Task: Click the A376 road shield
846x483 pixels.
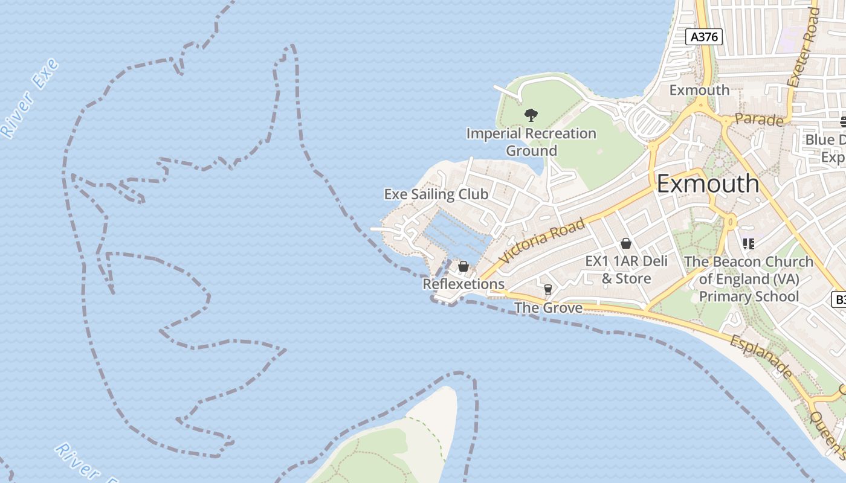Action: tap(705, 37)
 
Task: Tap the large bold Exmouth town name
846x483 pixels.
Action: tap(708, 184)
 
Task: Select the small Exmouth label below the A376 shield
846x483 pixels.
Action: tap(699, 90)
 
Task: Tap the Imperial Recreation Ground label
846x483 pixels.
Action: tap(531, 142)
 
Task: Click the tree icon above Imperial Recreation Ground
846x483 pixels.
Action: tap(531, 115)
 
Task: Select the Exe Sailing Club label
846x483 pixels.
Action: tap(436, 194)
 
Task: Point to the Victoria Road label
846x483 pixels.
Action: tap(543, 240)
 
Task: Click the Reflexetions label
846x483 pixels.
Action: tap(463, 284)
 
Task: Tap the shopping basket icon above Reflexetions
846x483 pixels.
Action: tap(463, 266)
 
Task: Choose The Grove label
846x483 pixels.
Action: tap(548, 308)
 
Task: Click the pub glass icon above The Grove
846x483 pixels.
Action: tap(548, 290)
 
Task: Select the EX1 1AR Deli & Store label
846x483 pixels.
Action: tap(627, 269)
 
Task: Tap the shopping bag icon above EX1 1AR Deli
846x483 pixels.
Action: tap(626, 243)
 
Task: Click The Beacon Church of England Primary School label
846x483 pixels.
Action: tap(749, 279)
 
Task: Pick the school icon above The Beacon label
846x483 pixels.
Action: tap(749, 244)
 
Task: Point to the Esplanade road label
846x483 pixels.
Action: tap(761, 357)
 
